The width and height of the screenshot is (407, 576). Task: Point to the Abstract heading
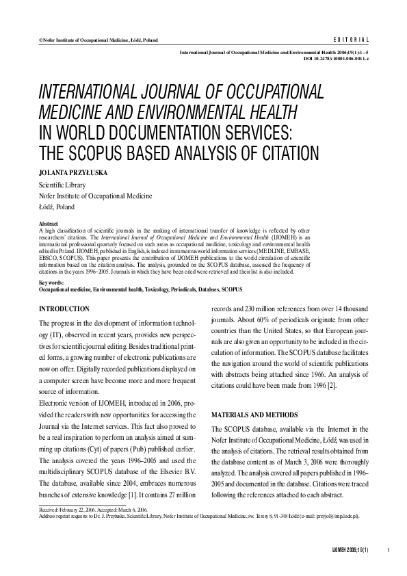click(49, 224)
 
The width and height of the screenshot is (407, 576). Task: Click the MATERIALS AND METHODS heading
click(254, 415)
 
